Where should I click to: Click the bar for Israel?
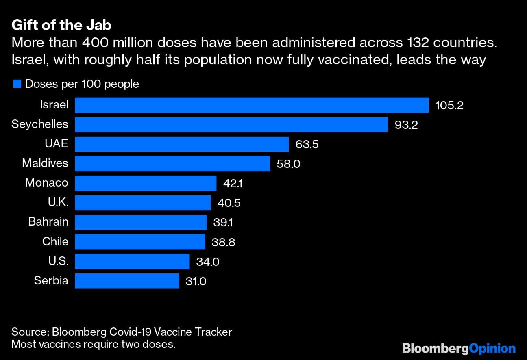(252, 105)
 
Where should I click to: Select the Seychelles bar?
(231, 124)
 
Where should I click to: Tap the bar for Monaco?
(146, 183)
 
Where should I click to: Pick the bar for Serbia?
(127, 281)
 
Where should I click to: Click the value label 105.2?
(449, 106)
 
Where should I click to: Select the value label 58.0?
(288, 164)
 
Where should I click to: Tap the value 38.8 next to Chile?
(223, 243)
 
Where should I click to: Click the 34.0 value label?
(207, 262)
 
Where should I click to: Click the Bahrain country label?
(48, 222)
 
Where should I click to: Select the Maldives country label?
(45, 163)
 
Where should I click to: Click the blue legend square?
(17, 84)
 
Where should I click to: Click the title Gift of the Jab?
(61, 25)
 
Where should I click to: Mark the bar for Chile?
(140, 242)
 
